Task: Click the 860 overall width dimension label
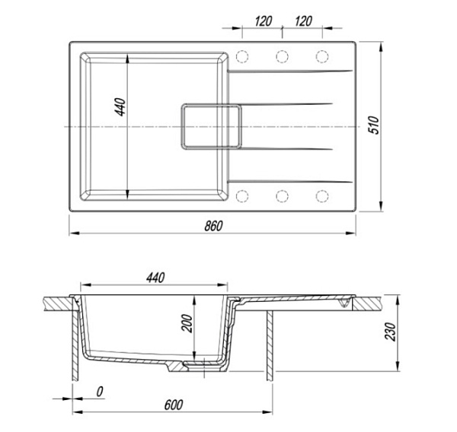point(213,226)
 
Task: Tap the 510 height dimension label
point(374,125)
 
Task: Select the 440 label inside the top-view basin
point(120,107)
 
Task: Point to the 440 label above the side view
point(155,278)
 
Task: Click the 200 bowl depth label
point(187,323)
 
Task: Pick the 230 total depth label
point(391,332)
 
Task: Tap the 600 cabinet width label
point(174,405)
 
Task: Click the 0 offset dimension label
point(100,392)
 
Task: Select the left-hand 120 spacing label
point(264,21)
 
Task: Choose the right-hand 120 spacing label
point(303,21)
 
